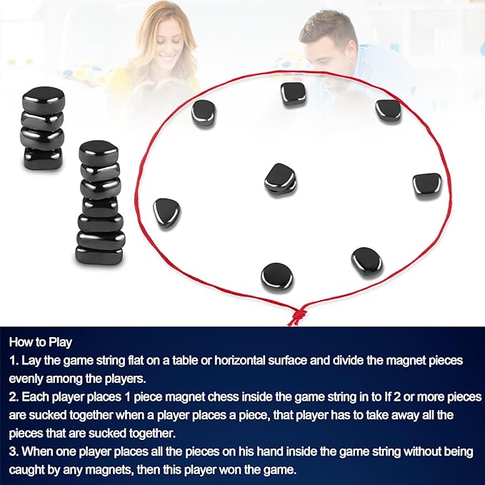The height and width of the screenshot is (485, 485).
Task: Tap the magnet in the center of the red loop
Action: click(x=280, y=179)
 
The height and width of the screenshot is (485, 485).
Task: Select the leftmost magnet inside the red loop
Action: click(x=167, y=212)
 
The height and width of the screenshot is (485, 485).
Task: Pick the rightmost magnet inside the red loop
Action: click(x=426, y=184)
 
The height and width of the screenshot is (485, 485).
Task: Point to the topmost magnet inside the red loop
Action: click(x=293, y=94)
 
